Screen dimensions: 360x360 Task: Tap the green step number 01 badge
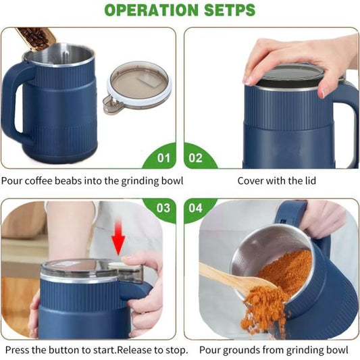(x=164, y=157)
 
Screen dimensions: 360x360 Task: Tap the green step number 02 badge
(x=196, y=157)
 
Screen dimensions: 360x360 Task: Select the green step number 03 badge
(x=163, y=208)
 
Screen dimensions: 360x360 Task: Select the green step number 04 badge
(x=196, y=208)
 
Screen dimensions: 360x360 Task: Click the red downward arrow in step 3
(x=120, y=241)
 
